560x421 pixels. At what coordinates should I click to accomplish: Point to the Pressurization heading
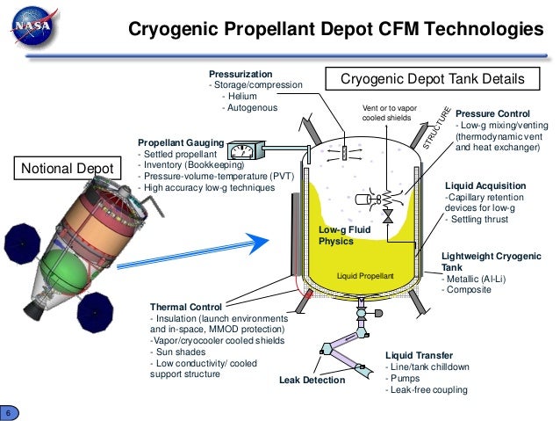tap(240, 74)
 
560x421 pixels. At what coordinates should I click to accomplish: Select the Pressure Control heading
tap(494, 114)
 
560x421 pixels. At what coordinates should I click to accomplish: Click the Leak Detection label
tap(312, 380)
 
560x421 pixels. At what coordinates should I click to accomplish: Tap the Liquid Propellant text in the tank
tap(366, 276)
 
